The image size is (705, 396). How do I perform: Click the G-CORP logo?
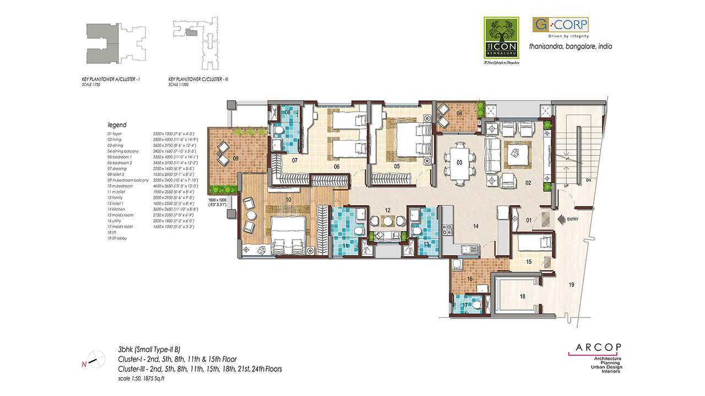tap(560, 25)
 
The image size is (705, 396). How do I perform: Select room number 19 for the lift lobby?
tap(572, 284)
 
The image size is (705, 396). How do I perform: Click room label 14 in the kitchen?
tap(476, 225)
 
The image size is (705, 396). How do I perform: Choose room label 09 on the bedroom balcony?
tap(235, 158)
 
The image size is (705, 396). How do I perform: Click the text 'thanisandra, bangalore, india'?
tap(570, 47)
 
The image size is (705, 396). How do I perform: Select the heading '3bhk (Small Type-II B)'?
tap(152, 349)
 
